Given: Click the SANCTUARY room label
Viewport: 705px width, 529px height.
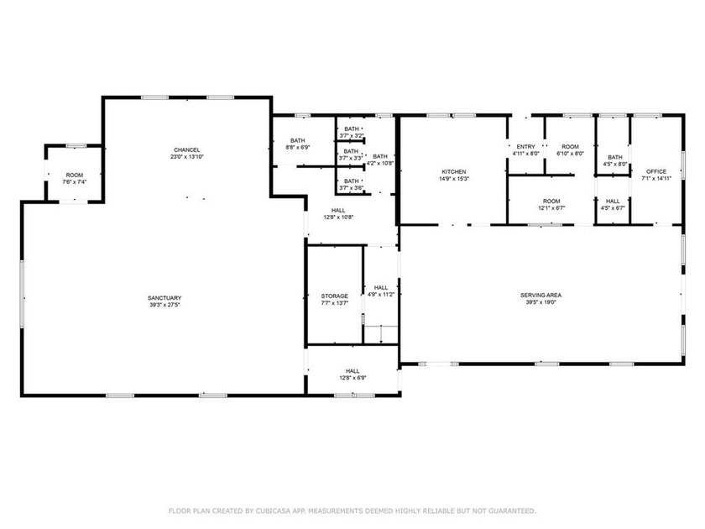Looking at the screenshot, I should tap(164, 298).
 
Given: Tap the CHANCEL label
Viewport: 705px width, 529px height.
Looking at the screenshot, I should tap(186, 149).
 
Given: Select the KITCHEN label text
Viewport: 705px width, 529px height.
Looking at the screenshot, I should tap(453, 171).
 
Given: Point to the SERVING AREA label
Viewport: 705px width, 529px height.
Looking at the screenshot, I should tap(540, 295).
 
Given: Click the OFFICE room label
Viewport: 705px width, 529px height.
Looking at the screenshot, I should tap(655, 171).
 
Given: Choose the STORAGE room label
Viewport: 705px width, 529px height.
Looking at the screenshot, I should tap(334, 296).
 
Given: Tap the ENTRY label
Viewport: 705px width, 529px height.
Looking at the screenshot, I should tap(525, 147).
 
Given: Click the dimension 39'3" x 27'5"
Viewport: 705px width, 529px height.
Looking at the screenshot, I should tap(164, 305).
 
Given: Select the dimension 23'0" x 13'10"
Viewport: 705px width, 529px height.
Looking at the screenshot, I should tap(186, 157).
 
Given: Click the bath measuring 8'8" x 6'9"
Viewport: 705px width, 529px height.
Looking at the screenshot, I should tap(298, 144).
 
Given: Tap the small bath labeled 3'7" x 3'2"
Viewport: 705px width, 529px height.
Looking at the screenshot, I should tap(351, 132).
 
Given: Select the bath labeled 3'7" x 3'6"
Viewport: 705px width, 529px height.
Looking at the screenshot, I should tap(351, 184).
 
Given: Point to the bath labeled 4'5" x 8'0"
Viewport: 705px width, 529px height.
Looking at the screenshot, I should tap(615, 160).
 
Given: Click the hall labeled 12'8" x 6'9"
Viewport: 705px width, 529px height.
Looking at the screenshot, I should tap(352, 374).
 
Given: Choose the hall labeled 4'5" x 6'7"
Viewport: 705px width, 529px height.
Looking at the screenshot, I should tap(613, 204).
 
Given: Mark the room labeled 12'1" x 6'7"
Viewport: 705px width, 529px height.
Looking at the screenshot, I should tap(551, 204).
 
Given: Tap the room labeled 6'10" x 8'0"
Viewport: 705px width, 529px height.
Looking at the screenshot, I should tap(570, 150).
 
